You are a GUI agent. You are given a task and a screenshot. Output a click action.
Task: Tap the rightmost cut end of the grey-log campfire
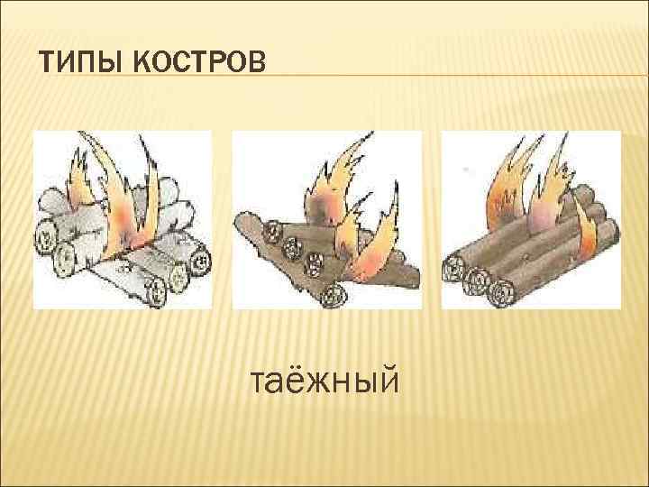(x=202, y=262)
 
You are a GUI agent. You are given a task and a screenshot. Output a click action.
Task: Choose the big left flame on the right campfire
(x=500, y=194)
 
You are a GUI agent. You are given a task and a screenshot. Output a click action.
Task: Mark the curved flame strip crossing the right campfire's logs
(x=587, y=230)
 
